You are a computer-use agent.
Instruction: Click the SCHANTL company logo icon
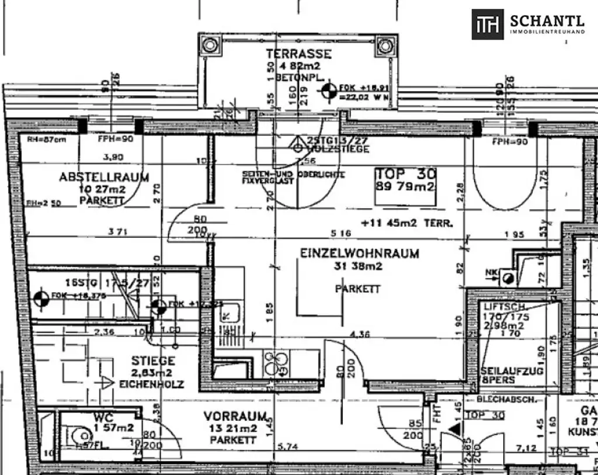click(x=487, y=25)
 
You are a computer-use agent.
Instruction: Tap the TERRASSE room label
click(x=299, y=54)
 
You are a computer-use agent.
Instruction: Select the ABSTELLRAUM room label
click(x=104, y=177)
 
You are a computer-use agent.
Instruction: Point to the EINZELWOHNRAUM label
click(x=359, y=254)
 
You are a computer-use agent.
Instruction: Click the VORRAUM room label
click(x=235, y=417)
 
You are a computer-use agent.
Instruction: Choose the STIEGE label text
click(x=153, y=362)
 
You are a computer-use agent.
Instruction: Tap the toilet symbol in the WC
click(x=77, y=435)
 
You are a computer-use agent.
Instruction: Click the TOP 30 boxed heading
click(x=406, y=174)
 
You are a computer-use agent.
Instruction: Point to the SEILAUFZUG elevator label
click(x=504, y=370)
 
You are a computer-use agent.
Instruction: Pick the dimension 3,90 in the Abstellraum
click(x=113, y=157)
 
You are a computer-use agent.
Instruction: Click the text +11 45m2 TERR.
click(x=406, y=223)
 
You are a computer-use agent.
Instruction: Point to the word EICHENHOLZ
click(x=151, y=384)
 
